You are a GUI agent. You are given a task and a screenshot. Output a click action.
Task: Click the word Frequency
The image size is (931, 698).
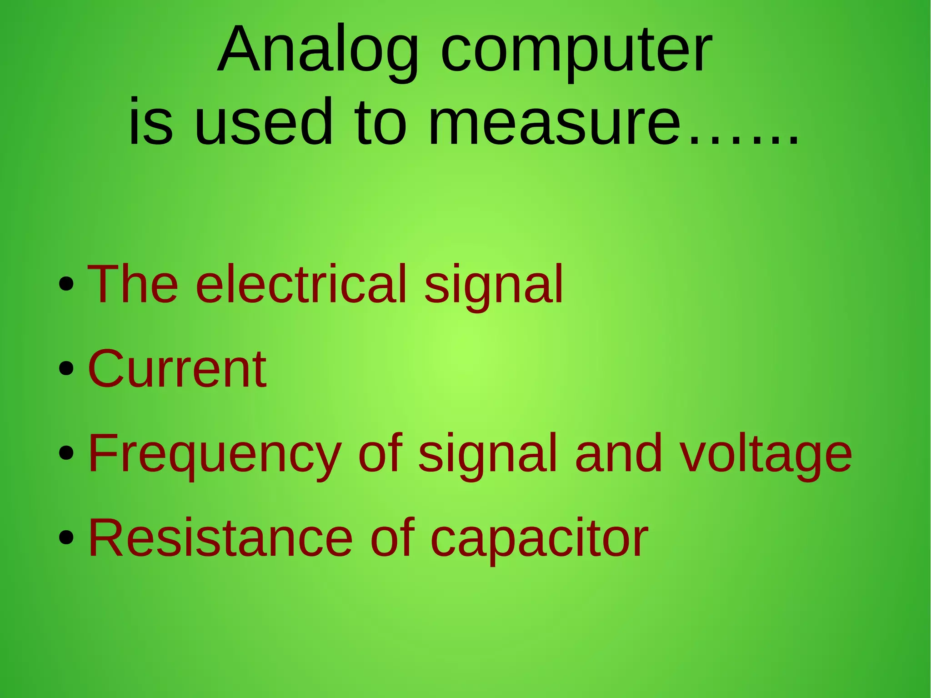point(215,453)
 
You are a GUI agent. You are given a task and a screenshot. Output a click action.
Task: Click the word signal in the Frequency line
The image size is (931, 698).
point(487,453)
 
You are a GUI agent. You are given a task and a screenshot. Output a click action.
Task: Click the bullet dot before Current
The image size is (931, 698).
point(66,369)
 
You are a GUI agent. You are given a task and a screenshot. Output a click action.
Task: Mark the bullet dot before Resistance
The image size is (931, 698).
point(66,538)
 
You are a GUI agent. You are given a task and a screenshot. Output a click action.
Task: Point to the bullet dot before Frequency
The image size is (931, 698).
point(66,453)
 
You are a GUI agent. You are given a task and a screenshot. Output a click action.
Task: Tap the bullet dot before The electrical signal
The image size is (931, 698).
point(66,284)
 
